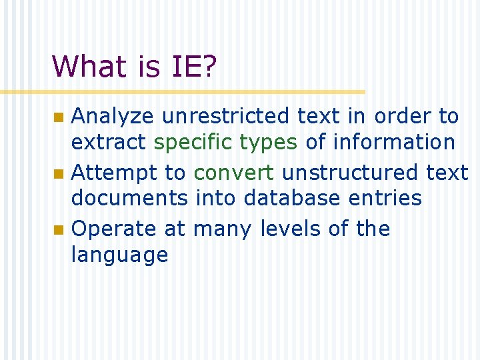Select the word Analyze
[113, 117]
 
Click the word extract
[109, 142]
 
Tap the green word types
[268, 143]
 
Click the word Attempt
[109, 173]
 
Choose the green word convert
[233, 173]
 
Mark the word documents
[130, 198]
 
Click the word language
[119, 255]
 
